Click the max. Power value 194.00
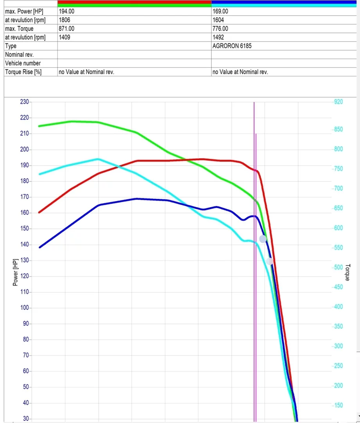(x=66, y=11)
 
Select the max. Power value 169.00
(x=220, y=11)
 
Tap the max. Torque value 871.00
(x=66, y=29)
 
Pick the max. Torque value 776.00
(x=220, y=29)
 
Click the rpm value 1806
(x=64, y=20)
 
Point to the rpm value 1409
(x=64, y=37)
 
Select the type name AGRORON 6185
(x=232, y=46)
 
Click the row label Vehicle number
(x=23, y=63)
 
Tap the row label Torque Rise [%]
(x=23, y=72)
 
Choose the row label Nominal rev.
(x=19, y=54)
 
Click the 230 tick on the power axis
(x=24, y=102)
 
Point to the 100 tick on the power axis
(x=24, y=308)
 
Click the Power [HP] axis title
(x=15, y=272)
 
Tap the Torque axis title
(x=347, y=272)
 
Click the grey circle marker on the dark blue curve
(x=263, y=239)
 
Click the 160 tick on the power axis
(x=24, y=213)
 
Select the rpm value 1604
(x=218, y=20)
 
